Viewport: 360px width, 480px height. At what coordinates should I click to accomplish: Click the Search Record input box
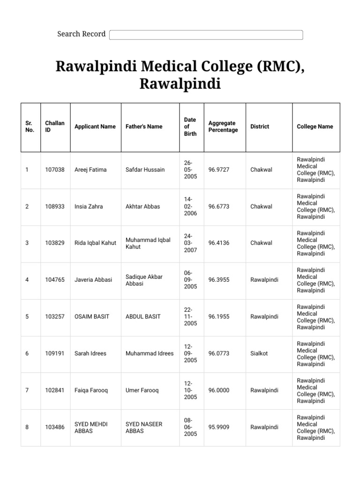(x=206, y=35)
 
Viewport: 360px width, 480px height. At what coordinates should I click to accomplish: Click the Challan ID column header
(x=54, y=127)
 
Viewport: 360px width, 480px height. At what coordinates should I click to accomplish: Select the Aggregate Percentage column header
(x=223, y=127)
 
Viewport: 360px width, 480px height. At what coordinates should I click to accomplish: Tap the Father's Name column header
(x=144, y=127)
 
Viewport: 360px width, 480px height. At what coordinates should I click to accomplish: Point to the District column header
(x=260, y=127)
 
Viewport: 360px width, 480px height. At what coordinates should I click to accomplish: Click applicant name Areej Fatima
(x=90, y=170)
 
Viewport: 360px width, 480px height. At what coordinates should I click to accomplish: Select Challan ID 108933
(x=54, y=206)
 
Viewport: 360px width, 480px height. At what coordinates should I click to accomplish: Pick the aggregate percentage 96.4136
(x=219, y=243)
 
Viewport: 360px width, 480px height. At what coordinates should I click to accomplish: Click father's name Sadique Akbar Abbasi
(x=144, y=280)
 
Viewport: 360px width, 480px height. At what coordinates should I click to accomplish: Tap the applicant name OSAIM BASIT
(x=92, y=316)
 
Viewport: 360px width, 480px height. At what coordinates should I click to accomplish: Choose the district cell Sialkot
(x=259, y=353)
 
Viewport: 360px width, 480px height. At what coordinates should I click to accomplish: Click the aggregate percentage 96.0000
(x=219, y=390)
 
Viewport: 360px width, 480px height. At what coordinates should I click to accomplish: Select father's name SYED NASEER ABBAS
(x=144, y=427)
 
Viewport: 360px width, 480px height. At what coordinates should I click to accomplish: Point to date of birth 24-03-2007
(x=190, y=243)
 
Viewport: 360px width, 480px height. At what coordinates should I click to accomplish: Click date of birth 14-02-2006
(x=190, y=206)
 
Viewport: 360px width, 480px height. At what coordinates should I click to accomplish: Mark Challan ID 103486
(x=54, y=427)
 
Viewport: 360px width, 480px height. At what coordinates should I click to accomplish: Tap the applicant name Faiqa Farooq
(x=91, y=390)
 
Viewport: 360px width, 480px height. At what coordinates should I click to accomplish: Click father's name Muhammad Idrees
(x=149, y=353)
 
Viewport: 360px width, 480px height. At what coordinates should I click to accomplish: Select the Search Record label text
(x=81, y=34)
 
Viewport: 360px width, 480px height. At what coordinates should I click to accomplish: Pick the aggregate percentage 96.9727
(x=219, y=170)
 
